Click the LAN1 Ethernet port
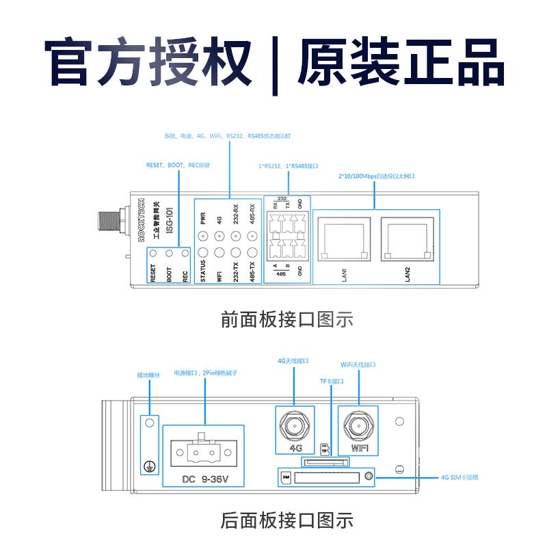tap(344, 239)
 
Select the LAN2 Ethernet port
tap(408, 239)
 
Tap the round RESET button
tap(152, 254)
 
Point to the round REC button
tap(185, 254)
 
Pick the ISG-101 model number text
tap(170, 222)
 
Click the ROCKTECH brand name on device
tap(142, 219)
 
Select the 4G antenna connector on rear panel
tap(295, 427)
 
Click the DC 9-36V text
tap(203, 478)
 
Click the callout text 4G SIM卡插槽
tap(460, 477)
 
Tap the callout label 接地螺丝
tap(148, 375)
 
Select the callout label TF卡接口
tap(332, 381)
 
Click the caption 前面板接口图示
tap(286, 319)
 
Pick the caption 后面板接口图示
tap(286, 520)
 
